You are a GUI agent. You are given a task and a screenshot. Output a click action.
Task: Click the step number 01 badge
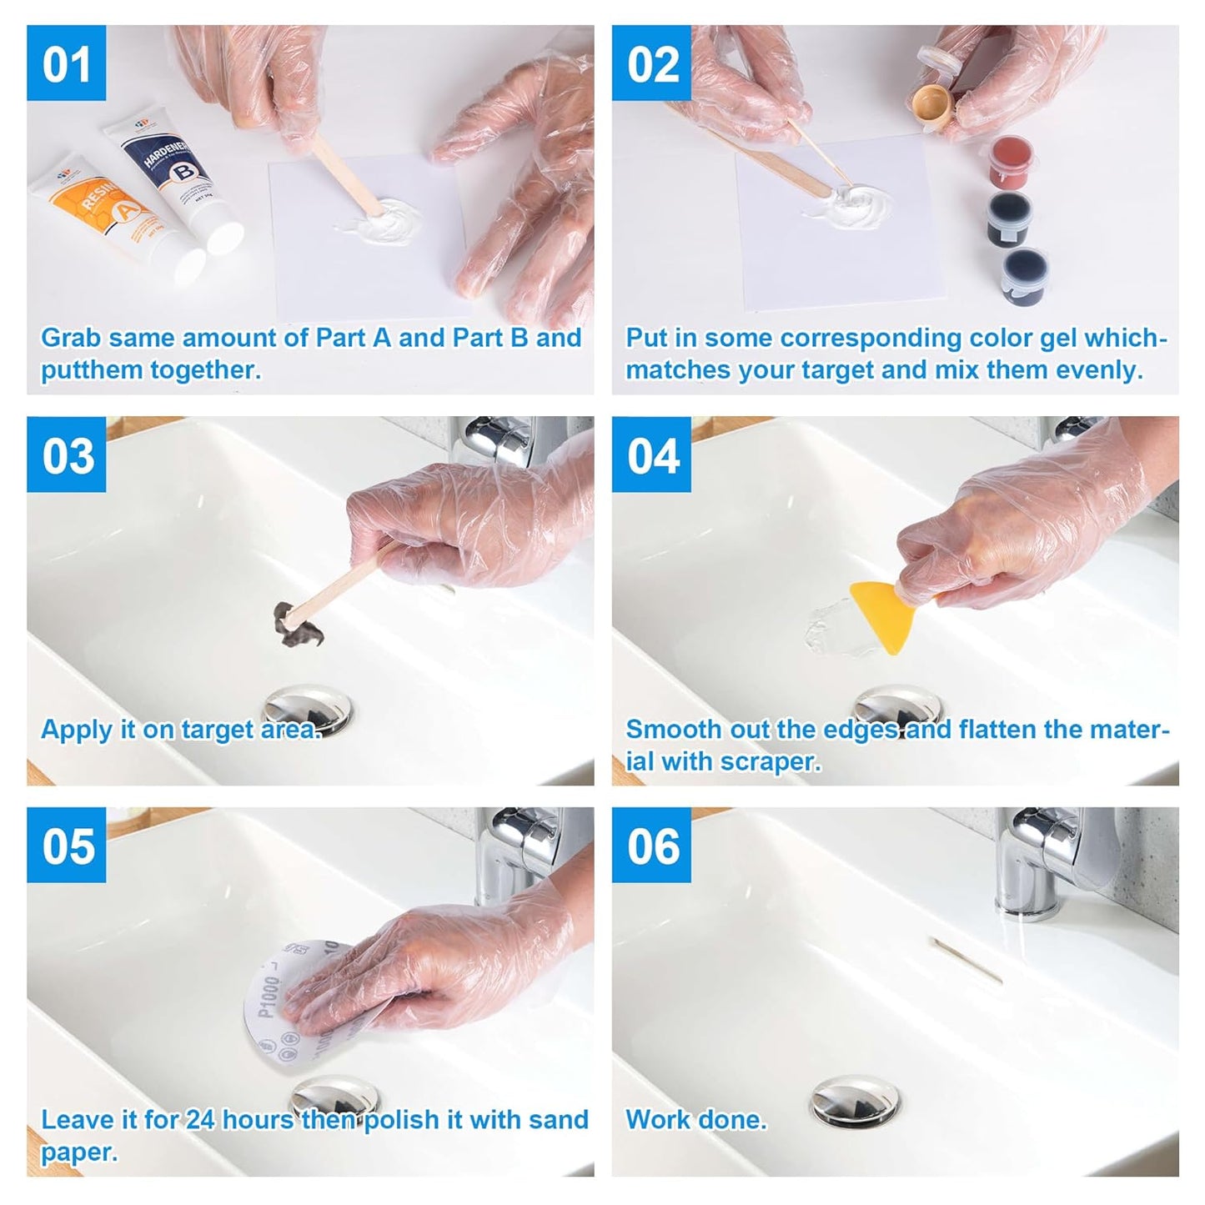point(66,63)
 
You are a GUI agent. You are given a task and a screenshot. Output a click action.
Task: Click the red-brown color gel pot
point(1012,162)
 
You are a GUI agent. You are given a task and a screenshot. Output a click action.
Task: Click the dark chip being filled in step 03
point(294,625)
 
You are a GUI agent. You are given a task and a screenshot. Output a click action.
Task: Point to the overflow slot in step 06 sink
point(967,960)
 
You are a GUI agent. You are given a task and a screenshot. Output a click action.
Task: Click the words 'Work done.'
point(695,1119)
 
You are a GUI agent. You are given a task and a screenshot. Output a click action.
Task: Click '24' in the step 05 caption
point(199,1119)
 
